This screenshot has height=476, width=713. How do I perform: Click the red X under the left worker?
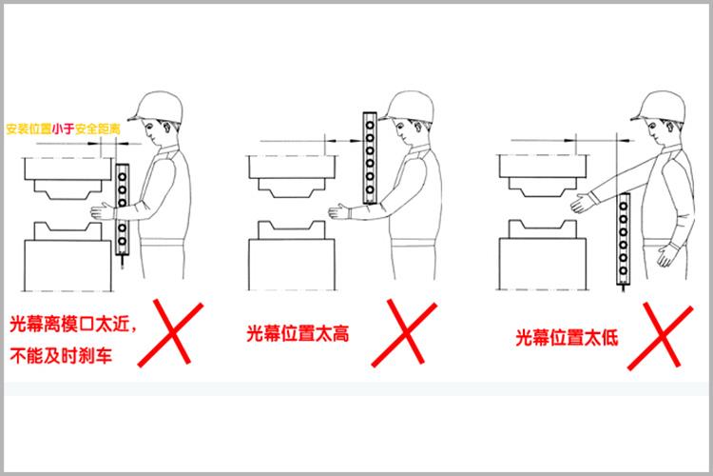[171, 332]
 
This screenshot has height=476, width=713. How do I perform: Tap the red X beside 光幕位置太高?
[404, 333]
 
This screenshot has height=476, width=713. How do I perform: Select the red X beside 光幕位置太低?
[661, 336]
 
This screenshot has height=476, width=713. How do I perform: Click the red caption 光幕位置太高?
[298, 333]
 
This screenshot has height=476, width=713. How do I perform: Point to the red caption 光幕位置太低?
[567, 338]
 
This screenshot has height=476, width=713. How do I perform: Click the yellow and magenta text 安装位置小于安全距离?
[63, 129]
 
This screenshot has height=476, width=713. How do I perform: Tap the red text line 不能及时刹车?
[61, 356]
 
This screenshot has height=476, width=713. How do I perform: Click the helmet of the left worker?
[156, 107]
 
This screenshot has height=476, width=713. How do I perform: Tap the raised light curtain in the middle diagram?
[370, 158]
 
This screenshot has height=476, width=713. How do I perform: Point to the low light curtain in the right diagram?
[623, 239]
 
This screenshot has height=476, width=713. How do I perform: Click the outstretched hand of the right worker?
[583, 203]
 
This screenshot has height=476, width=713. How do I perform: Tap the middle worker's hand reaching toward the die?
[340, 211]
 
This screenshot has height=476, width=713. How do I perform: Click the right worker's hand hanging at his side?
[666, 254]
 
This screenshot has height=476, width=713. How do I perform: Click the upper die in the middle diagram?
[292, 177]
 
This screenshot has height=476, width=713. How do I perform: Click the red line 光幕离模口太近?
[73, 325]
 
